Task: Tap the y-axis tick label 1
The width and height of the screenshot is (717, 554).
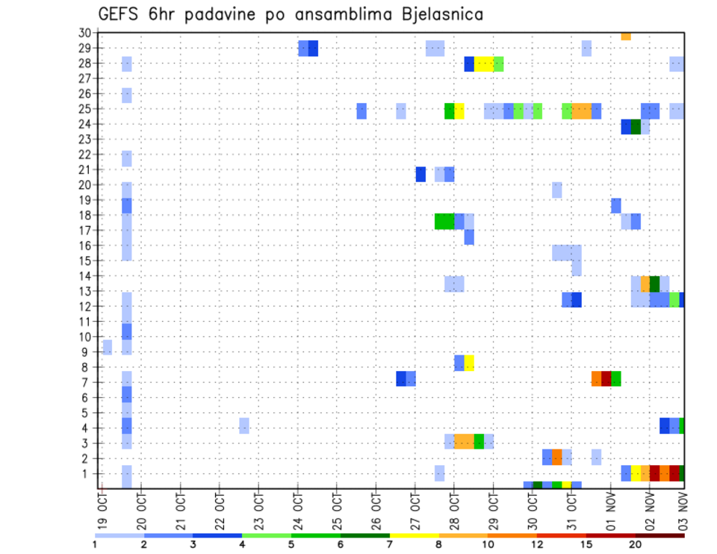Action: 87,473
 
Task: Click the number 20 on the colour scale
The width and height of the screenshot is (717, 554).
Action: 635,544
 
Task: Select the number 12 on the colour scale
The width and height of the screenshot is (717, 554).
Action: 538,544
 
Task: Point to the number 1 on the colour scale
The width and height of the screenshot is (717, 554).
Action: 95,544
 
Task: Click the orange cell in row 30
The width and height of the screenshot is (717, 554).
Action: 626,36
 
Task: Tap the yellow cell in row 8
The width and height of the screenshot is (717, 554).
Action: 469,363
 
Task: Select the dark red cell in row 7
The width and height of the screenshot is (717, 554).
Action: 606,379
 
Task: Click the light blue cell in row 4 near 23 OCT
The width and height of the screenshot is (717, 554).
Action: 244,426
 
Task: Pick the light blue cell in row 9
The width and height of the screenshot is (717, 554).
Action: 108,347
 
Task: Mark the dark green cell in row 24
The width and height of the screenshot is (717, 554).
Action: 636,127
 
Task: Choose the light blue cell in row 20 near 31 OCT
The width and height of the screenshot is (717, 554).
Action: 557,190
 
